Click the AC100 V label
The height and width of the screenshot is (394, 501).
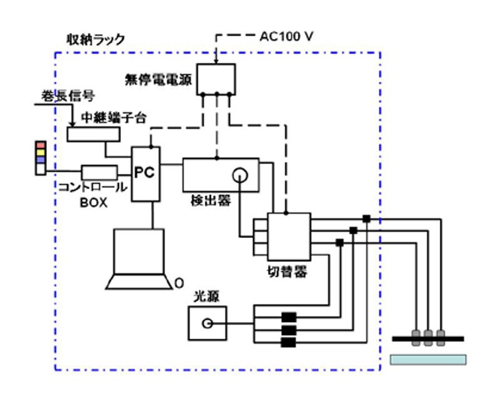click(x=286, y=37)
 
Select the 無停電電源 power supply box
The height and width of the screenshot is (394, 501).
click(x=216, y=80)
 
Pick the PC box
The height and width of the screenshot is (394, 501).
click(x=145, y=174)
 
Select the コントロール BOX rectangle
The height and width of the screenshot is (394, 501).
click(x=100, y=172)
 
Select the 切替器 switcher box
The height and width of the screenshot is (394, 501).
click(x=288, y=237)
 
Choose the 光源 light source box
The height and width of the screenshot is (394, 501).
click(x=207, y=324)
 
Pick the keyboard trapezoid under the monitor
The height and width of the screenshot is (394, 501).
click(x=139, y=282)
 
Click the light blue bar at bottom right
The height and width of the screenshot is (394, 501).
click(x=428, y=360)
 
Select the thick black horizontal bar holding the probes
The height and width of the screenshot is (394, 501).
click(x=428, y=338)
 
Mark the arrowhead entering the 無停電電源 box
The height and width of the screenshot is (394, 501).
click(x=216, y=61)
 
